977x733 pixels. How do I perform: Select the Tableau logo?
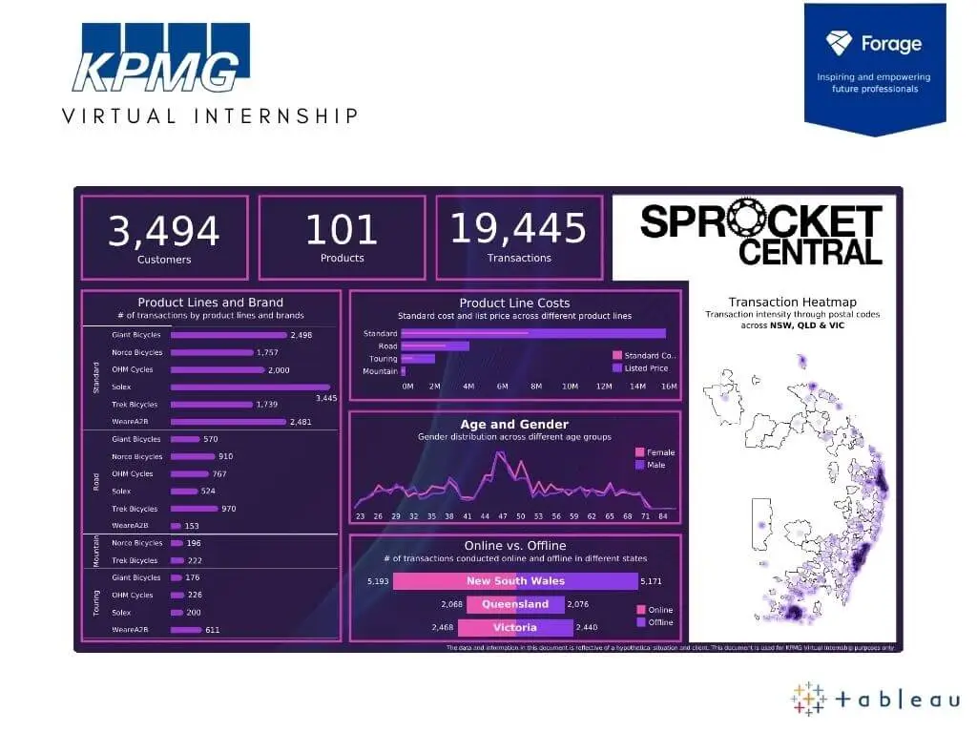[x=875, y=700]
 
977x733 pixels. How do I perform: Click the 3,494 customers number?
[x=163, y=232]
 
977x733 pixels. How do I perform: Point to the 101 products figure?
[x=342, y=231]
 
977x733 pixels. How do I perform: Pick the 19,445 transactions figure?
[x=518, y=230]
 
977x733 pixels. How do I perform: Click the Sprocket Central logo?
[x=760, y=235]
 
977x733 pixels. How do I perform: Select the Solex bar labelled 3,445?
[x=250, y=387]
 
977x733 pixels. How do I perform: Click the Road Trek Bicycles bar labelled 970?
[x=195, y=509]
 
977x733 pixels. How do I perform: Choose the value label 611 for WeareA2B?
[x=212, y=630]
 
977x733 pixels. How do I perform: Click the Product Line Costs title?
[x=514, y=304]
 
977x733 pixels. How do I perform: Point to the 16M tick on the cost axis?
[x=669, y=387]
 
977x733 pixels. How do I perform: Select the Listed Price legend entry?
[x=646, y=367]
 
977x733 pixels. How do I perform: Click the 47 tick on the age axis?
[x=502, y=516]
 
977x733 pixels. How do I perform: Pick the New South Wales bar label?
[x=515, y=581]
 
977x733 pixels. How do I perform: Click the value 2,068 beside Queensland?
[x=452, y=604]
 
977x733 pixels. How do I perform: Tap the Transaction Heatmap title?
[x=792, y=302]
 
